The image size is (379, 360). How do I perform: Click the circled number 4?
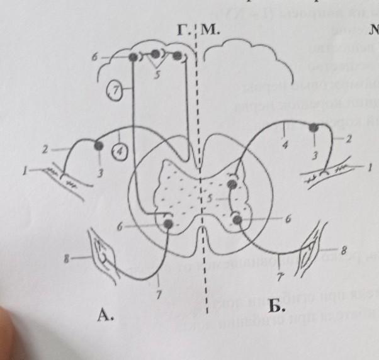tap(120, 151)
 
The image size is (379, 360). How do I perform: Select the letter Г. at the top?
tap(183, 30)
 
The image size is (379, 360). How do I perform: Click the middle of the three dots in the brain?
tap(155, 55)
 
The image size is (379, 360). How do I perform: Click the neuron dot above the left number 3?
tap(98, 146)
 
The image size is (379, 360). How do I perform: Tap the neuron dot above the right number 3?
tap(314, 128)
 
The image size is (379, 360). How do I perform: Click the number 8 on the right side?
tap(344, 247)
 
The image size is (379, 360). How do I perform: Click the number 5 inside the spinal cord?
tap(211, 198)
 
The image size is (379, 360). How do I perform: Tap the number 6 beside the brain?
tap(94, 57)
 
